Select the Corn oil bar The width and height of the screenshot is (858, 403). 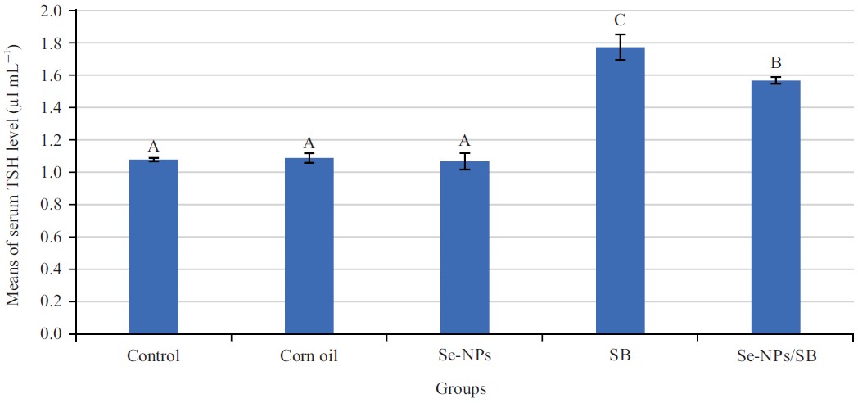point(309,246)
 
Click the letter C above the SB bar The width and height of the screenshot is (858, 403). point(621,20)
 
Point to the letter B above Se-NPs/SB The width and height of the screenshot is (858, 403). point(776,63)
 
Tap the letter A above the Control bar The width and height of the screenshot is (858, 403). point(153,146)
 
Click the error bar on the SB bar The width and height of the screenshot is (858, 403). point(620,47)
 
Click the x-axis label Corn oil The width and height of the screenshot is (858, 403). point(309,356)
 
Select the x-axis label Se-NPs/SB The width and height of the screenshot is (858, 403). point(775,356)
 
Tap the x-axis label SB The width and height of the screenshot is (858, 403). point(620,356)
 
